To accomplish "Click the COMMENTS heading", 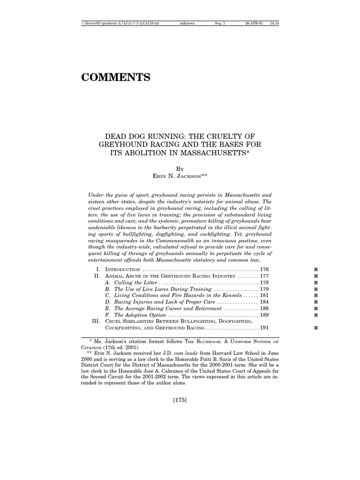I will [x=116, y=78].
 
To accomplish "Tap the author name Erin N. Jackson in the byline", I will [x=180, y=175].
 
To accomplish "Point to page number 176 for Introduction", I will [x=265, y=270].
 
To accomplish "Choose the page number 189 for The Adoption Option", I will [x=265, y=315].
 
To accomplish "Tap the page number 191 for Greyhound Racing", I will [x=265, y=329].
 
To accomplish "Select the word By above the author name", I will [x=180, y=167].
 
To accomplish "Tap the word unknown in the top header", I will [x=187, y=23].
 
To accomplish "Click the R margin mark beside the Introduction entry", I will [x=316, y=270].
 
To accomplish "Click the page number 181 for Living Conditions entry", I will [x=265, y=296].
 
